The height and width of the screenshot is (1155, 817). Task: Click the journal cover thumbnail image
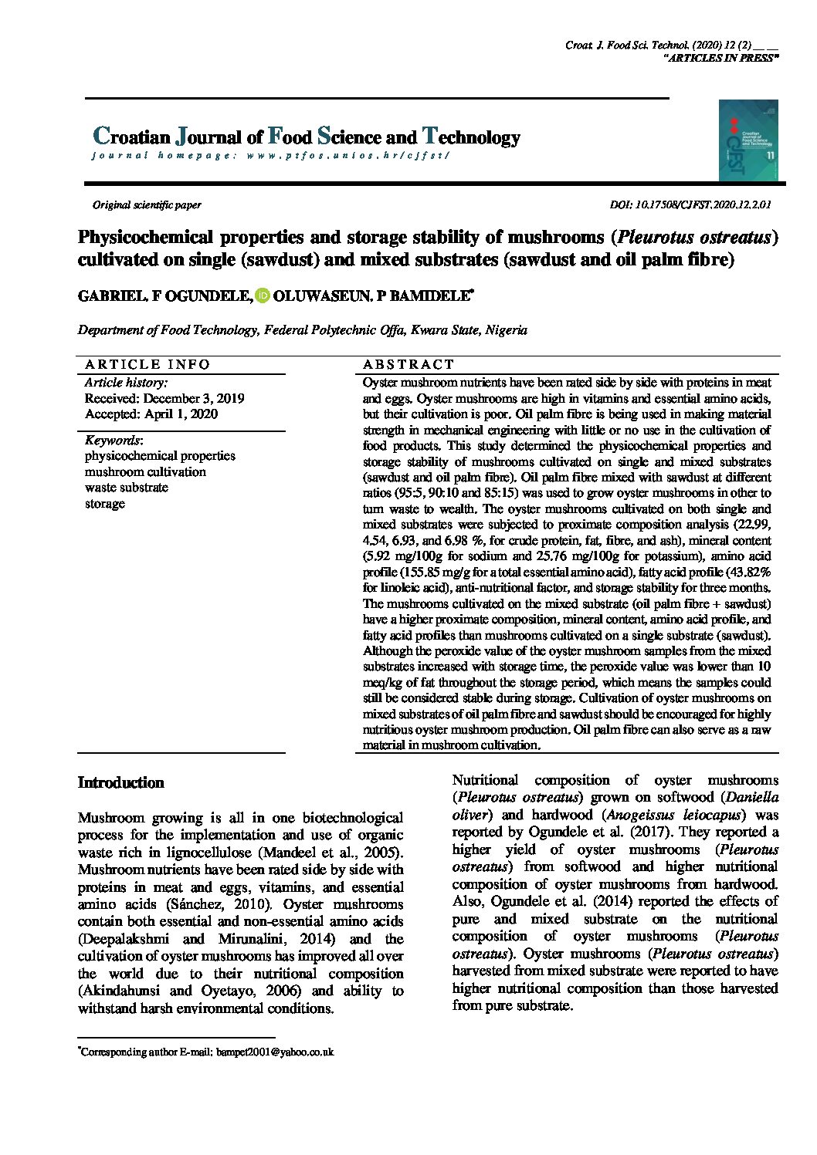[x=748, y=140]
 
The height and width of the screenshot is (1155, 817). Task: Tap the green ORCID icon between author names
[x=263, y=296]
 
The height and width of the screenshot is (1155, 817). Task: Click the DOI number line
[x=690, y=205]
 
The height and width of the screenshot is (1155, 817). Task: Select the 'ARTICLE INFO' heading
[x=147, y=364]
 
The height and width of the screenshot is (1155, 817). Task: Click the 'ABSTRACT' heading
[x=408, y=364]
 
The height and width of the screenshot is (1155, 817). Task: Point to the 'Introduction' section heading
[x=121, y=782]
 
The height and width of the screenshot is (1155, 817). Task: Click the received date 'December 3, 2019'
[x=194, y=399]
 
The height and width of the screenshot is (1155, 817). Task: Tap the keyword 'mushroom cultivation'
[x=145, y=471]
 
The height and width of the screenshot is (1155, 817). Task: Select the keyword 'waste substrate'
[x=126, y=488]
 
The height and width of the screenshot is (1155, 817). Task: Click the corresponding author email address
[x=274, y=1052]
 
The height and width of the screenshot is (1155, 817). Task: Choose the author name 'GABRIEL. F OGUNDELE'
[x=164, y=296]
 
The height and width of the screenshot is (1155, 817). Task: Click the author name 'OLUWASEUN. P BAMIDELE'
[x=371, y=296]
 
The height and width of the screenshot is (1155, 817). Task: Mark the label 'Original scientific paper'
[x=147, y=205]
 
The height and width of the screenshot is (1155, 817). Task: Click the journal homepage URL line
[x=270, y=156]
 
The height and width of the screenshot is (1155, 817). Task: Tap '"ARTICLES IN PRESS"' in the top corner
[x=720, y=59]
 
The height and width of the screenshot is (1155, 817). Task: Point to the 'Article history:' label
[x=125, y=383]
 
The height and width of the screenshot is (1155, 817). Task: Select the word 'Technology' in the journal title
[x=471, y=137]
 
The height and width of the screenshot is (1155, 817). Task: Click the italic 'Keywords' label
[x=113, y=440]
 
